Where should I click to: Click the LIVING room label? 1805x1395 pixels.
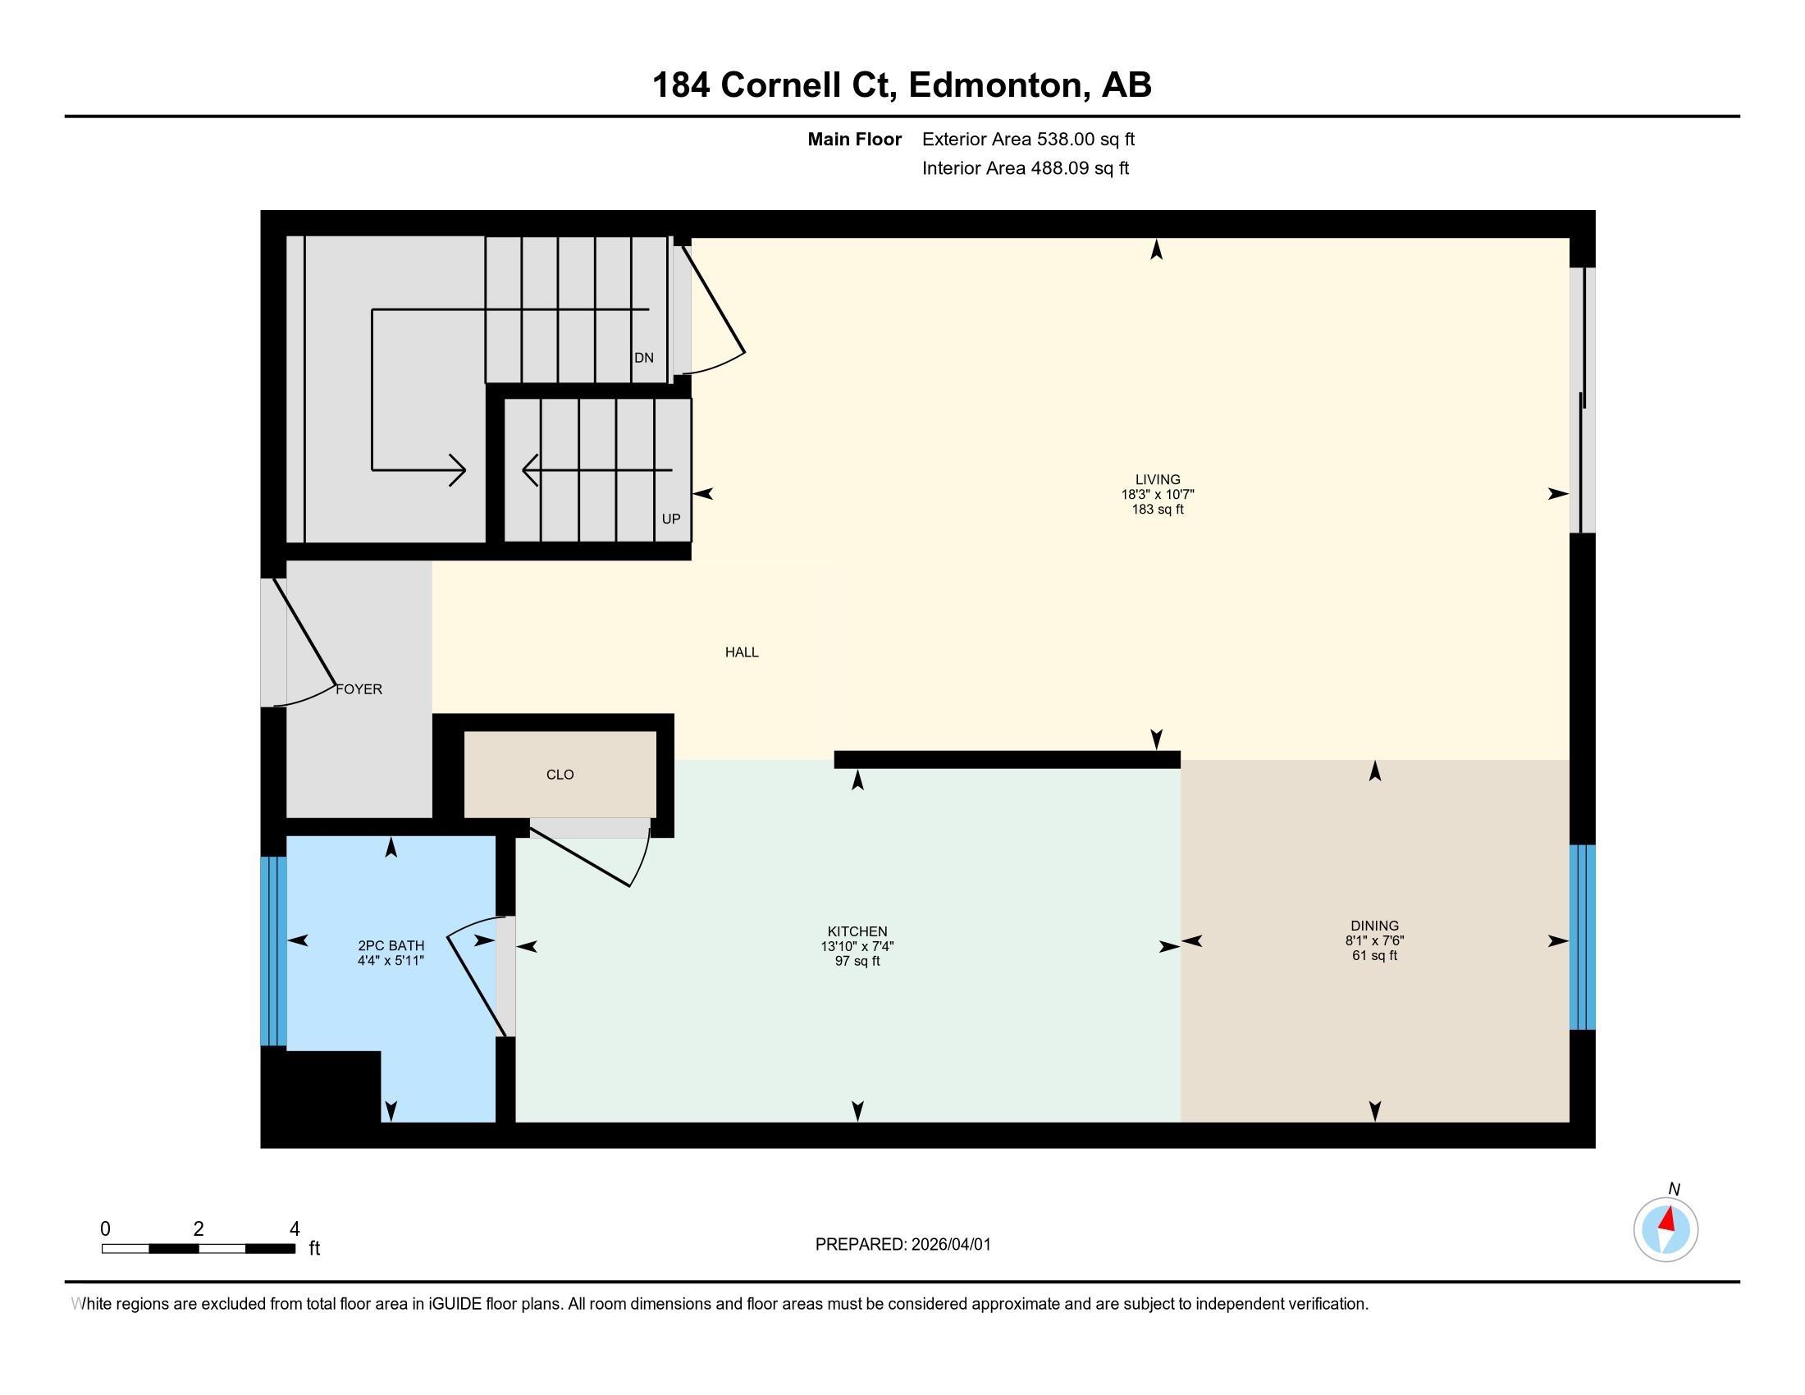tap(1157, 479)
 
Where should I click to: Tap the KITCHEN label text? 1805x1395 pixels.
tap(857, 931)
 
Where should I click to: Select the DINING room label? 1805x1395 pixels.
tap(1374, 926)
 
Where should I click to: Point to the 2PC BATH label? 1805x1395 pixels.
tap(391, 945)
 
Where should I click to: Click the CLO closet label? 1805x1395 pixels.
tap(560, 775)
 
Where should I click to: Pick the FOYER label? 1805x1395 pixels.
tap(359, 689)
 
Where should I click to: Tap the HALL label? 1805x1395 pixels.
tap(742, 652)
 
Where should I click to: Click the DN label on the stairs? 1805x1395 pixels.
tap(644, 358)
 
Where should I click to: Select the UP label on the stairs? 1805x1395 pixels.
tap(670, 519)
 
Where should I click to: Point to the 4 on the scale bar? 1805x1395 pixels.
tap(295, 1229)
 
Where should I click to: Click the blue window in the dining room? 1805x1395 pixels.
tap(1582, 936)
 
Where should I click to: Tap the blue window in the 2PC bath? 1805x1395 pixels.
tap(273, 951)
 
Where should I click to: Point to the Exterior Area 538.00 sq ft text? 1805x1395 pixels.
tap(1028, 139)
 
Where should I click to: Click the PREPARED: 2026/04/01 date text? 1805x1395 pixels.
tap(902, 1245)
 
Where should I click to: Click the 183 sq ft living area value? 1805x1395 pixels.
tap(1157, 510)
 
